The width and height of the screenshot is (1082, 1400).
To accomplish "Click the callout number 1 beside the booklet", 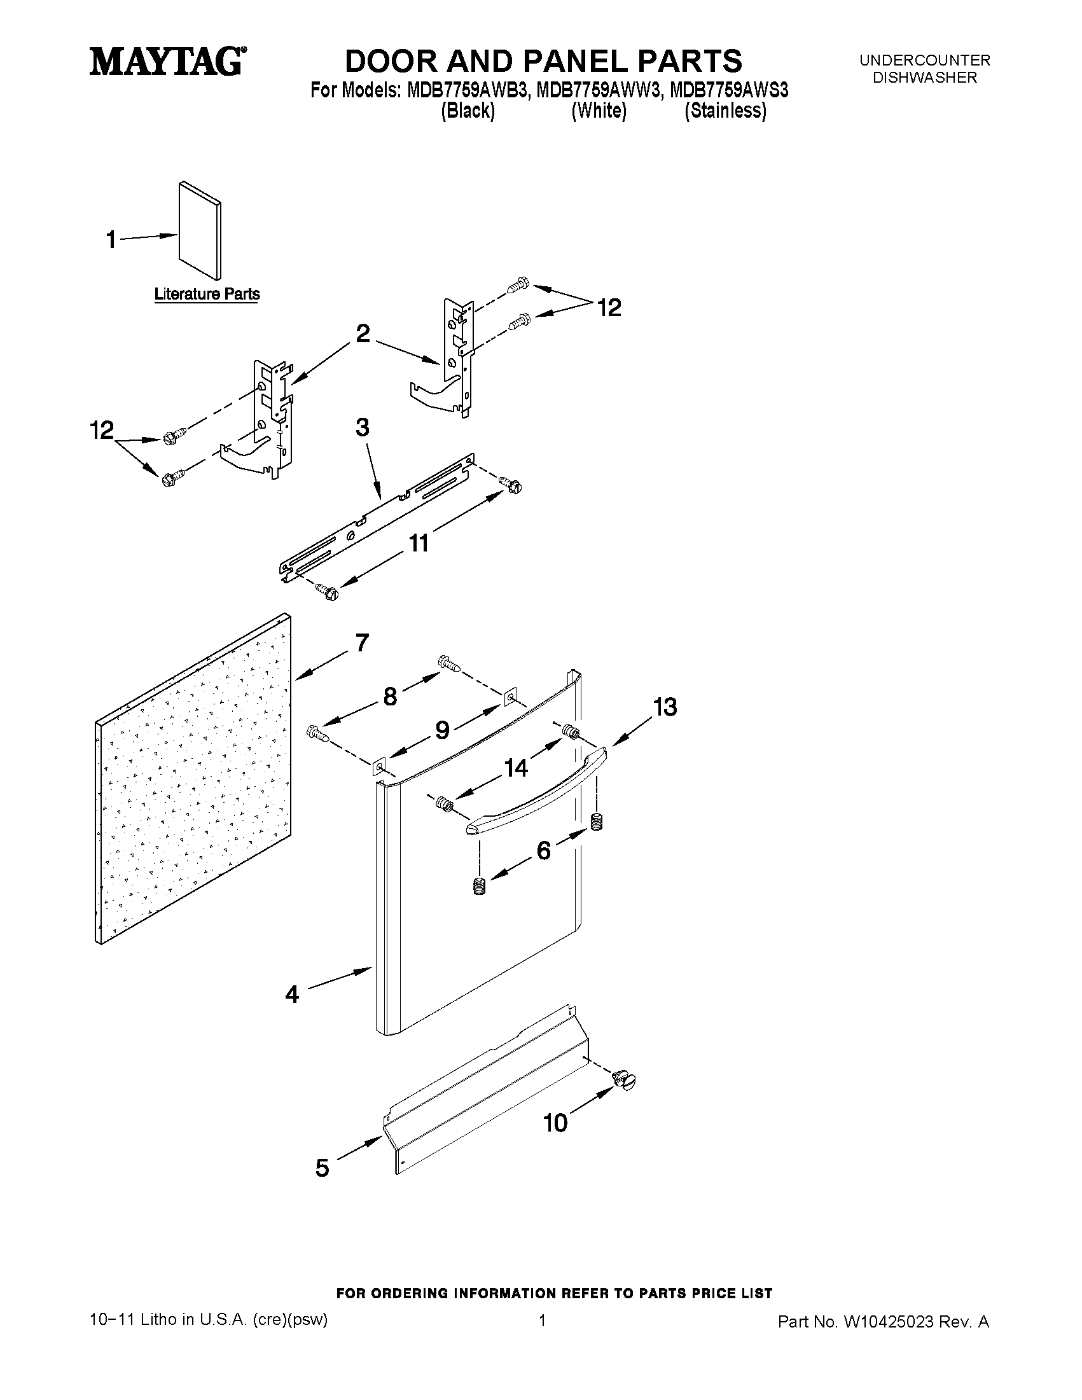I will (111, 240).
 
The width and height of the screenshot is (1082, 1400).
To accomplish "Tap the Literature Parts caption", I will (207, 295).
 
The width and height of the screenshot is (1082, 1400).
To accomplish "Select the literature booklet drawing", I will (200, 231).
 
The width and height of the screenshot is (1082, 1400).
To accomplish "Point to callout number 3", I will (362, 427).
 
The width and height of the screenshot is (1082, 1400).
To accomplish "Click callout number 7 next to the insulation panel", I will (362, 642).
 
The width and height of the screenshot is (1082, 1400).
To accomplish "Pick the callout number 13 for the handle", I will (665, 707).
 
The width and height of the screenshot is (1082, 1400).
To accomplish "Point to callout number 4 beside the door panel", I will (293, 994).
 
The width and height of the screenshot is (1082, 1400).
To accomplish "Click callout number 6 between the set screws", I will (543, 850).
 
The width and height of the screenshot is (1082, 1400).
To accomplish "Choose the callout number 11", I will (419, 543).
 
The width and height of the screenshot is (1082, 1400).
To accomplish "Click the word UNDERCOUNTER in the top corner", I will (924, 60).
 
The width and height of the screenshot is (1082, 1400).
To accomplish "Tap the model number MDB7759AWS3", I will (729, 91).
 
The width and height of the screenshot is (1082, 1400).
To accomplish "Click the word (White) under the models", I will (599, 111).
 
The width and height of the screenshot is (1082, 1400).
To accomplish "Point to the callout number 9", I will (442, 730).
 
